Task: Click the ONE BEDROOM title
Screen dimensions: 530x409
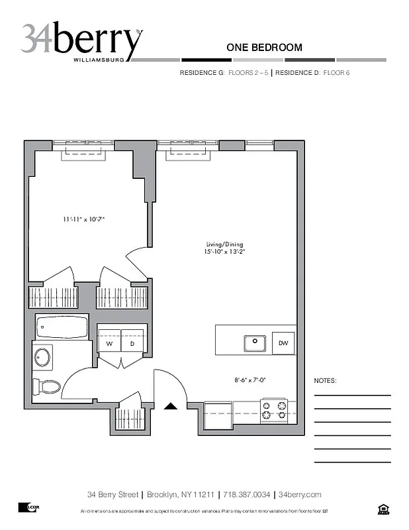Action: click(264, 47)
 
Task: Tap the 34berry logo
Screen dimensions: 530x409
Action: click(81, 42)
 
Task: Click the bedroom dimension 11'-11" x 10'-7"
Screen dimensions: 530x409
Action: click(84, 219)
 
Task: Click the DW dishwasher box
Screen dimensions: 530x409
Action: click(283, 343)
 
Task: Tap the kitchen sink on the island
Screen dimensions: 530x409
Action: click(254, 344)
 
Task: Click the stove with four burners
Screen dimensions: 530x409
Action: click(274, 411)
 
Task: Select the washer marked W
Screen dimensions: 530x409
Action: click(109, 344)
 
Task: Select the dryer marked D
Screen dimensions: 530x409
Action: click(132, 344)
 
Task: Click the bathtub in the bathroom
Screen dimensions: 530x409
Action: click(62, 326)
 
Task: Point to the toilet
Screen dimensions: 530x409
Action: click(48, 386)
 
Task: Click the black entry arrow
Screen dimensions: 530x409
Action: click(171, 407)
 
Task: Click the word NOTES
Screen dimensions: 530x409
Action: click(325, 382)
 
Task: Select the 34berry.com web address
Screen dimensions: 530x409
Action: click(300, 495)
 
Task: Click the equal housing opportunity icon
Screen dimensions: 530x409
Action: click(382, 509)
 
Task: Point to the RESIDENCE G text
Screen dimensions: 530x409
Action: click(202, 72)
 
